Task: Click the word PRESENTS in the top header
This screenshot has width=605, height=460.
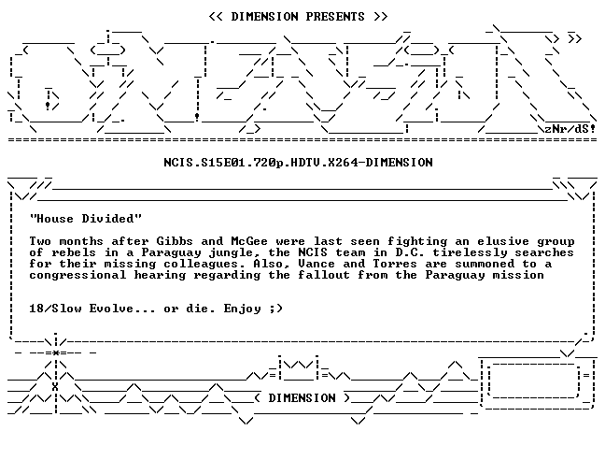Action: pos(335,17)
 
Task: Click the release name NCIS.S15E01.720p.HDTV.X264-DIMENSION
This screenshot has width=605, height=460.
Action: pos(298,163)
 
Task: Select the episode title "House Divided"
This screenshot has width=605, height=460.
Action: pos(86,219)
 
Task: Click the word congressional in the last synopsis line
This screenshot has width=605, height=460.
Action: pos(77,276)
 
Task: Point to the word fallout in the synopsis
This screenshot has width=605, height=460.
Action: pos(324,275)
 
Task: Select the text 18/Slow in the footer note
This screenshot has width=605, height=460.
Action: pos(56,309)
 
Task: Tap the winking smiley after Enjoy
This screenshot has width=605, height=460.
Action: pos(275,309)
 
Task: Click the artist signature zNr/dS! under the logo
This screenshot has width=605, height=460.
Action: pos(570,129)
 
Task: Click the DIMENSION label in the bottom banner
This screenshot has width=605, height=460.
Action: pos(302,398)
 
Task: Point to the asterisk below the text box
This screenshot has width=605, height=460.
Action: pos(56,353)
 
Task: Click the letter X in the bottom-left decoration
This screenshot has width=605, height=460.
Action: pos(55,387)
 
